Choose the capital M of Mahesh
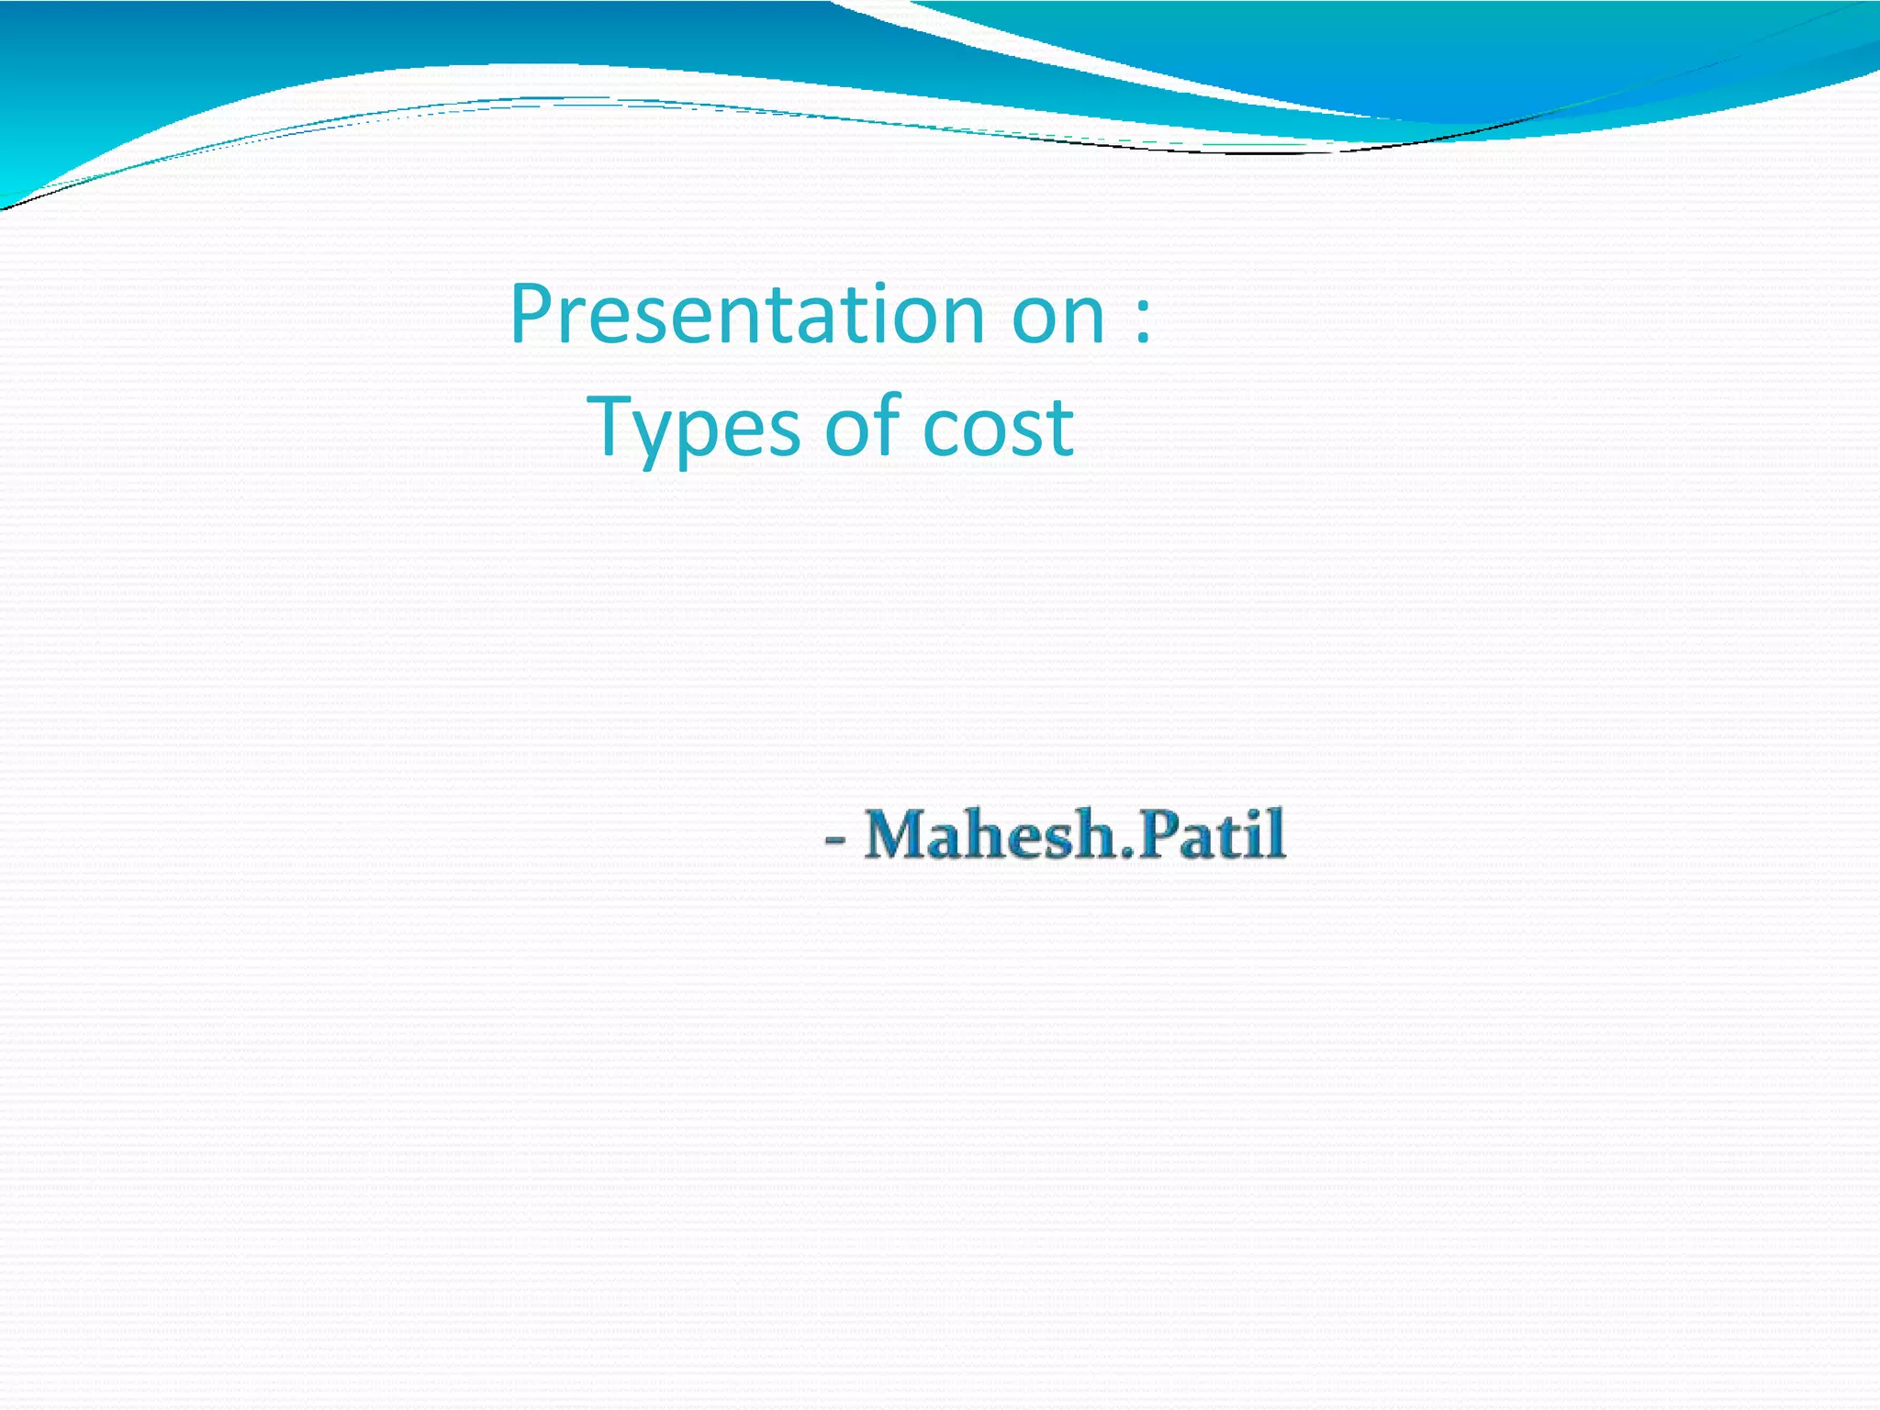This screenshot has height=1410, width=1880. point(899,834)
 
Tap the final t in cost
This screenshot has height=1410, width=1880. point(1060,428)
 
